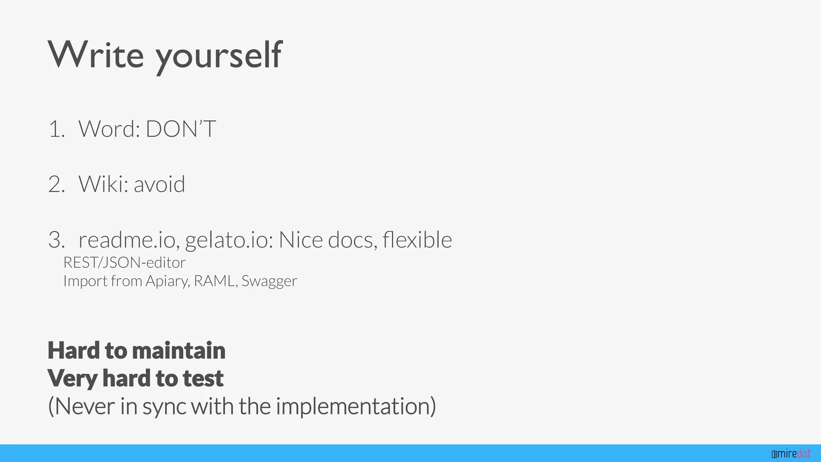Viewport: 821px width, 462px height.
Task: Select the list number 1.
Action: [57, 129]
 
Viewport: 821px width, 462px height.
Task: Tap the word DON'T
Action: [181, 129]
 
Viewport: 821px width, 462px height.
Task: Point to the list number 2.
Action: [57, 184]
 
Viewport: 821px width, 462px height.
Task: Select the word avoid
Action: [159, 184]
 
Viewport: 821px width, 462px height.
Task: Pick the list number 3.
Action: [57, 240]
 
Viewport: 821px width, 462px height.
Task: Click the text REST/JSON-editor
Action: [124, 263]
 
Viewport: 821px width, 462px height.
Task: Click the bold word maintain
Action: [178, 350]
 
